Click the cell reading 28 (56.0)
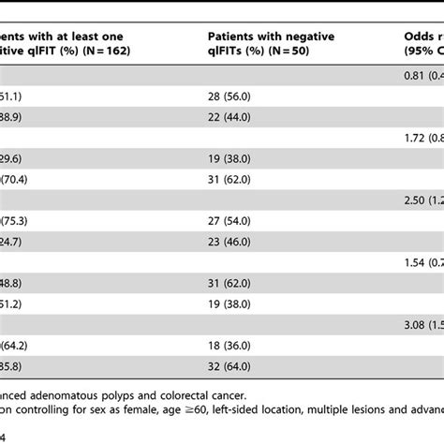(227, 95)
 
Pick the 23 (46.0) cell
(227, 240)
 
